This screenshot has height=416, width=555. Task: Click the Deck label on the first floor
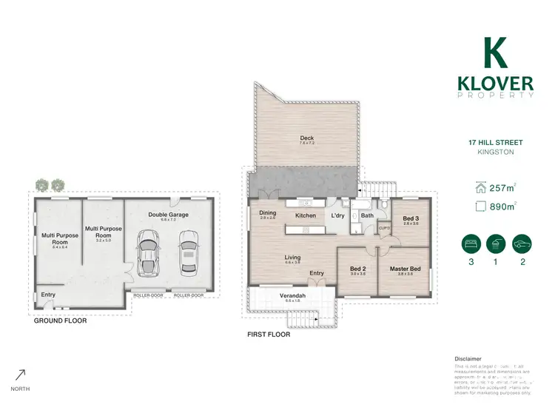(x=306, y=138)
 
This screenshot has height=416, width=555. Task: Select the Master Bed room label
(x=405, y=268)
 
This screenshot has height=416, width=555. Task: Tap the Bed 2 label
(x=357, y=268)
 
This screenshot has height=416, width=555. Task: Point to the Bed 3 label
(x=411, y=219)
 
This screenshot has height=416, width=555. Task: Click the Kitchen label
(x=306, y=215)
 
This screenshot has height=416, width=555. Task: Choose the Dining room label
(x=267, y=213)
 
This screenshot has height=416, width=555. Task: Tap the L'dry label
(x=338, y=215)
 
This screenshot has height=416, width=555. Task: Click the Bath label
(x=367, y=215)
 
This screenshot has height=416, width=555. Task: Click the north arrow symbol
(x=21, y=375)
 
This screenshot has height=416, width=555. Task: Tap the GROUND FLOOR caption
(x=61, y=321)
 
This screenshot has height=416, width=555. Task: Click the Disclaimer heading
(x=468, y=358)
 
